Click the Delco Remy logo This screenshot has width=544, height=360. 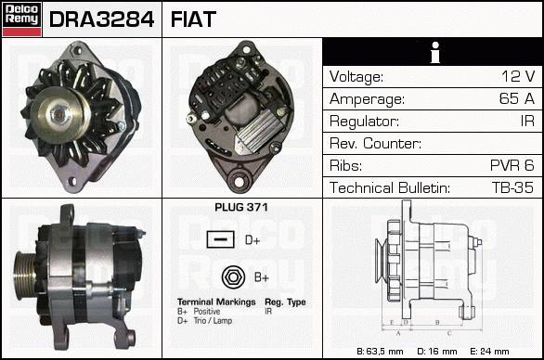point(21,19)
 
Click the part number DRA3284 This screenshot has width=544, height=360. point(101,19)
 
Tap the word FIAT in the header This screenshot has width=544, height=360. point(193,19)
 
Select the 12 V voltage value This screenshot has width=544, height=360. point(518,76)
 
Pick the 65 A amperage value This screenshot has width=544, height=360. point(517,98)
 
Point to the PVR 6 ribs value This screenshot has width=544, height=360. point(512,165)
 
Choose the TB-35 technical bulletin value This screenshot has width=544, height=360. point(512,187)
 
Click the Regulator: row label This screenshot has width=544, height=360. point(364,122)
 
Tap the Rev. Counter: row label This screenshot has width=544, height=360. point(375,143)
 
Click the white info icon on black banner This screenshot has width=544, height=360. point(435,52)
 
